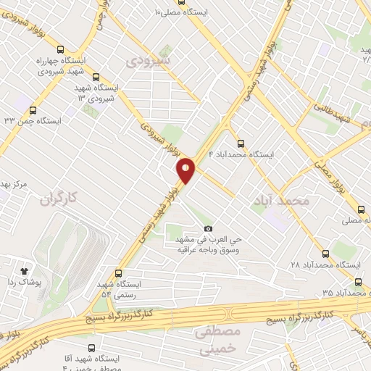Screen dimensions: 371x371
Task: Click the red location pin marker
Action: point(186,170)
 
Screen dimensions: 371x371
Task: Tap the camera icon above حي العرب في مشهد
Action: point(209,229)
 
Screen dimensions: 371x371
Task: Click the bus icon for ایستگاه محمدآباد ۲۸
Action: point(325,254)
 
